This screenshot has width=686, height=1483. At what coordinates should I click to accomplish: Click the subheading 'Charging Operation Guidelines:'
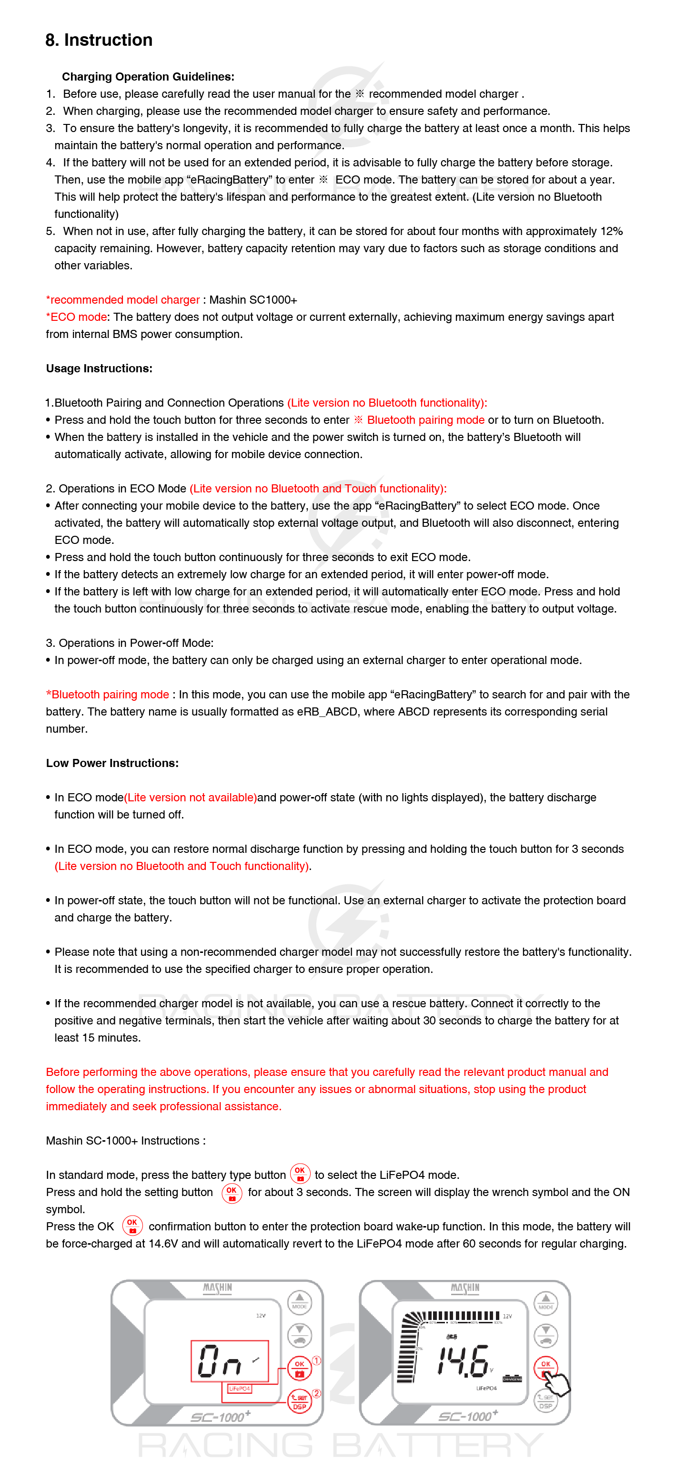[148, 77]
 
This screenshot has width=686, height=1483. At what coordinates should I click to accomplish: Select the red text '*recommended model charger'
[122, 300]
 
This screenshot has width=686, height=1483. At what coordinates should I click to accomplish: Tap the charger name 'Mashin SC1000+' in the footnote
[253, 300]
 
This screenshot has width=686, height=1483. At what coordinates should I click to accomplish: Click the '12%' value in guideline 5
[611, 231]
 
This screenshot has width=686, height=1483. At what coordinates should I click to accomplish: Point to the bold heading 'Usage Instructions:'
[99, 368]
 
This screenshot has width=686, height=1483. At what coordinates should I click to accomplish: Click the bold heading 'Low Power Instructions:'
[112, 763]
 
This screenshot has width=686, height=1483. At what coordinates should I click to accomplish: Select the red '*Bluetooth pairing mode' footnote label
[108, 695]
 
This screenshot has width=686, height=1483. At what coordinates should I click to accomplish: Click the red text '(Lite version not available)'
[191, 798]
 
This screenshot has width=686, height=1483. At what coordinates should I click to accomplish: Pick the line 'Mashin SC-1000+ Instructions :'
[125, 1141]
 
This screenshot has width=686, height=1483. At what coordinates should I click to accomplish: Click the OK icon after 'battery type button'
[300, 1173]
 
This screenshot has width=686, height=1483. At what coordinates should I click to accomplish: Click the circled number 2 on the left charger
[316, 1393]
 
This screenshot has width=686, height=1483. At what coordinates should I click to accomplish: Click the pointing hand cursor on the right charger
[555, 1381]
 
